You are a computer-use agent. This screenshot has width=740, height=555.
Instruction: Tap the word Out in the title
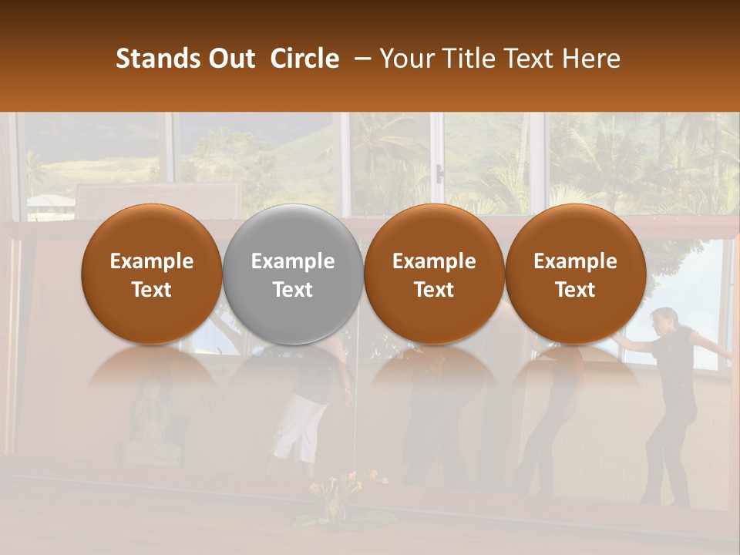coord(230,59)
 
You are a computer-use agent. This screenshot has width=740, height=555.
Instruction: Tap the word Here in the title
coord(591,59)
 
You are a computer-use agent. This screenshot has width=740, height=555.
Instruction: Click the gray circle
coord(293,274)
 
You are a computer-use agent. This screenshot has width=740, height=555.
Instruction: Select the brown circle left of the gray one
coord(152,274)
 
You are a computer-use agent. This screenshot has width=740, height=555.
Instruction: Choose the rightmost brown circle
coord(575,274)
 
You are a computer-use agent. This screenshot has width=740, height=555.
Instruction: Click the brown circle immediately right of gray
coord(434,274)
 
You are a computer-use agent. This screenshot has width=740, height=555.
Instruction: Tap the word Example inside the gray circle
coord(293,261)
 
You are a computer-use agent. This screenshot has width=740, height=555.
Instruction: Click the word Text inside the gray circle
coord(293,290)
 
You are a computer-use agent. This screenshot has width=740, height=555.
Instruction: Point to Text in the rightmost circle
coord(575,290)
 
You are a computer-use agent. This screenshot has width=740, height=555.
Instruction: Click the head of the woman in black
coord(664,318)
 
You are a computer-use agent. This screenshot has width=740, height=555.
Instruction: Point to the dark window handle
coord(439,174)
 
